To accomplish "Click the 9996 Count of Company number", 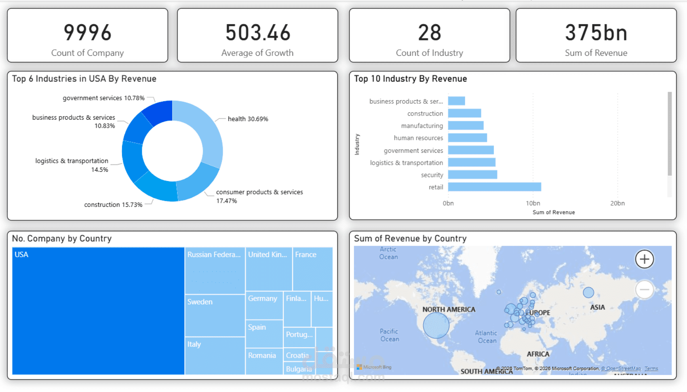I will (87, 33).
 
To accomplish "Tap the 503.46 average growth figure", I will (258, 33).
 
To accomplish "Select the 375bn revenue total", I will (596, 33).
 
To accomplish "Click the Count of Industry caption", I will (429, 53).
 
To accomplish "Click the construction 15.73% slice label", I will (113, 204).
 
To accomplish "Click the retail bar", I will (494, 187).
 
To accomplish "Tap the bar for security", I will (472, 175).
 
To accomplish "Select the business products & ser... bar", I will (457, 101).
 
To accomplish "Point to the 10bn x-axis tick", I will (533, 203).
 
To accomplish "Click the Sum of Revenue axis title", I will (553, 212).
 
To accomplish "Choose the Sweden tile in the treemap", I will (215, 316).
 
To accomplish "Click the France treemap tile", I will (312, 269).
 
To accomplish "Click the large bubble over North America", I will (436, 325).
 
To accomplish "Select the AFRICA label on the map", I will (538, 354).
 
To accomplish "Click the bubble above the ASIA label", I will (588, 292).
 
